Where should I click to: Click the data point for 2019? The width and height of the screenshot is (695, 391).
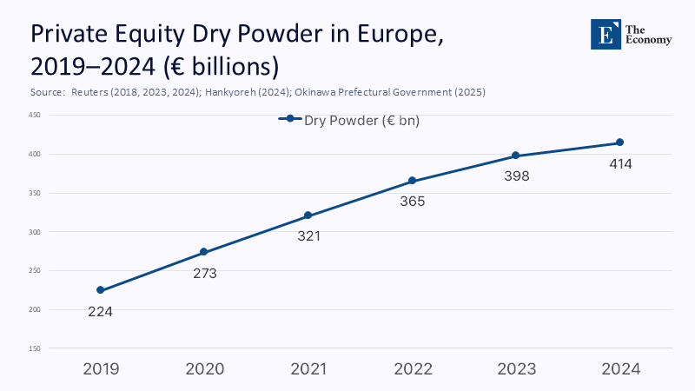tap(101, 290)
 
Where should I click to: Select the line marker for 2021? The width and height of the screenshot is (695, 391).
tap(308, 215)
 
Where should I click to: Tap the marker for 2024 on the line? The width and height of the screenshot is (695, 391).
tap(619, 142)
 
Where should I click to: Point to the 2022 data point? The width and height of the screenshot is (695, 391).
tap(412, 181)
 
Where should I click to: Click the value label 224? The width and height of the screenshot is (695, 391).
tap(101, 311)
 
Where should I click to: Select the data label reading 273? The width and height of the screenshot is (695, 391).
tap(204, 273)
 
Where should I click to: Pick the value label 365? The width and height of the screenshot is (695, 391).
tap(412, 202)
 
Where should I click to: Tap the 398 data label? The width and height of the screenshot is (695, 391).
tap(516, 176)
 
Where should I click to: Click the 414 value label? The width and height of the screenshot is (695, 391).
tap(619, 163)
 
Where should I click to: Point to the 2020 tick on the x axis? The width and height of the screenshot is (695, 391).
tap(204, 368)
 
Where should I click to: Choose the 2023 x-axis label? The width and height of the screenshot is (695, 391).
tap(516, 368)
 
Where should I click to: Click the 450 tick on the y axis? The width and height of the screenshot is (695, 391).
tap(35, 115)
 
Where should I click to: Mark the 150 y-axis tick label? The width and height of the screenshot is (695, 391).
tap(35, 348)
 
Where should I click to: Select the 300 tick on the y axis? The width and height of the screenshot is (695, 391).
tap(35, 232)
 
